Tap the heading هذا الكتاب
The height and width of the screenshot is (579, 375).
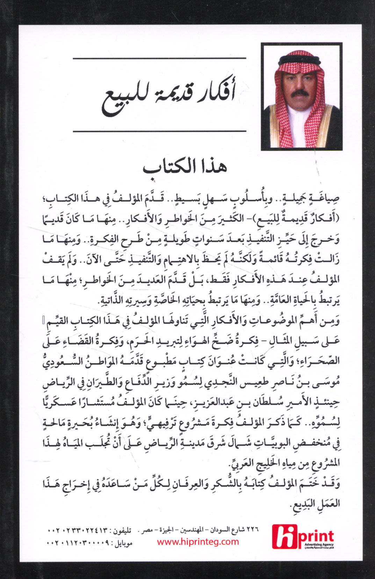pyautogui.click(x=185, y=166)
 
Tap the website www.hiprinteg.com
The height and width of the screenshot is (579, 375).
pyautogui.click(x=198, y=542)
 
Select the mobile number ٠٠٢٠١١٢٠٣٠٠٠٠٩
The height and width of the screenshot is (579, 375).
pyautogui.click(x=77, y=543)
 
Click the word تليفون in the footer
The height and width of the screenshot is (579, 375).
pyautogui.click(x=121, y=531)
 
